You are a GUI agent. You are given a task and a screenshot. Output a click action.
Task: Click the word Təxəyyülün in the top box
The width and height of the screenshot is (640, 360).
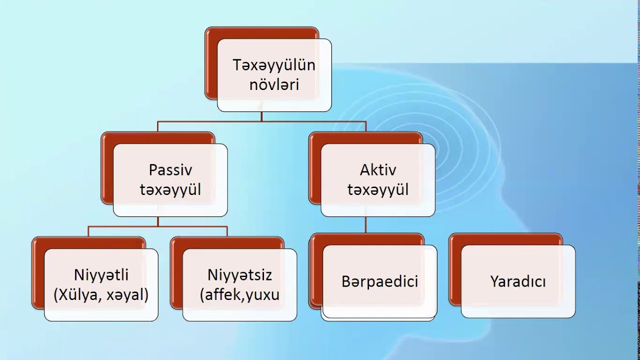(x=274, y=65)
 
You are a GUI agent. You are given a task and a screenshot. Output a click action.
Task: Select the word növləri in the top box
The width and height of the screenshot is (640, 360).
(x=274, y=84)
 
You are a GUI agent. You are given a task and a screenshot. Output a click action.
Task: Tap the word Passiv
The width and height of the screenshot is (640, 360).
(x=170, y=170)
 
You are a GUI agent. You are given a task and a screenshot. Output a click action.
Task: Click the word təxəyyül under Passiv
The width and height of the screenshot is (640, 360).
(x=170, y=190)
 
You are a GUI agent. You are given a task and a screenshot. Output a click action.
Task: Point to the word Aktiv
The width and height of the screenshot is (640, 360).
(x=378, y=170)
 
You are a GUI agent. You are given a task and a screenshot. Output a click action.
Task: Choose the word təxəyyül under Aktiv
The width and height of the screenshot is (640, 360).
(x=378, y=190)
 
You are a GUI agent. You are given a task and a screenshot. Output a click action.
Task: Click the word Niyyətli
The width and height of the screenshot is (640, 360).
(x=101, y=275)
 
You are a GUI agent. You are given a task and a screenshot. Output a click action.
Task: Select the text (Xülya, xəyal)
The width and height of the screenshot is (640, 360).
(x=101, y=295)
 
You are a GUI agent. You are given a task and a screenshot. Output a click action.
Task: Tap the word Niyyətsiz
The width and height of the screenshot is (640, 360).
(x=239, y=275)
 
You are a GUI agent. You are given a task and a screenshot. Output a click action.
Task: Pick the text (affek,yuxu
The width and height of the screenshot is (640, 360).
(x=239, y=295)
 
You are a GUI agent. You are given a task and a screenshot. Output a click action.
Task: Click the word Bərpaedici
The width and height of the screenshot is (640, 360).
(x=379, y=281)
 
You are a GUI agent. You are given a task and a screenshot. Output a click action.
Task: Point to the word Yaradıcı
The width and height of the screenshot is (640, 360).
(x=518, y=281)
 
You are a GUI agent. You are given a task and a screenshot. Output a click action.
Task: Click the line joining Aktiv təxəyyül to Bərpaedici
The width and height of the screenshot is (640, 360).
(x=365, y=224)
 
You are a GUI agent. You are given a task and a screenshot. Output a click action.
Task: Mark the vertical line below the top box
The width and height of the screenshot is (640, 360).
(x=261, y=116)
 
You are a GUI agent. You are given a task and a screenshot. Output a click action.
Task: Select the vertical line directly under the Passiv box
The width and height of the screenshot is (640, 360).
(x=158, y=221)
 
